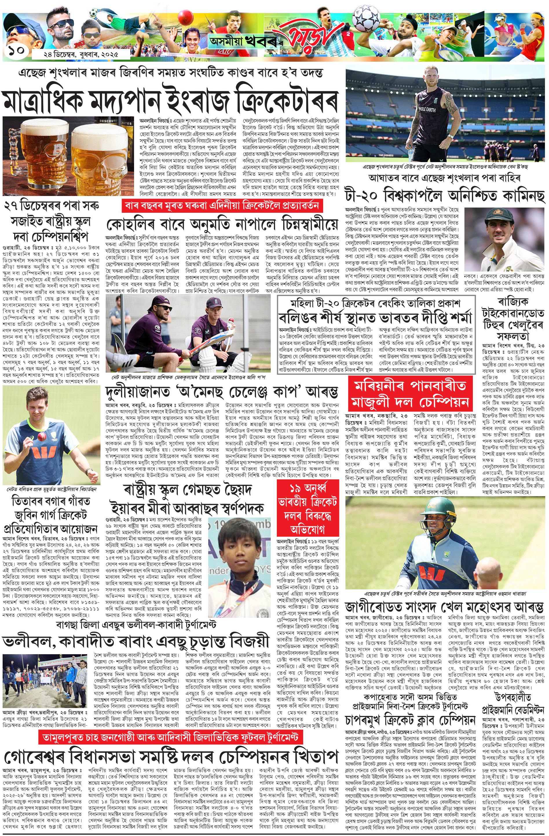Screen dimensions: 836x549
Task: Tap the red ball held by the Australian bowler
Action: pyautogui.click(x=38, y=435)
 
